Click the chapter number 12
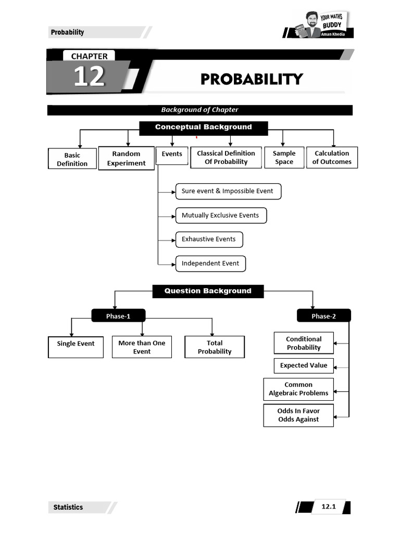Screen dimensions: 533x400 click(89, 77)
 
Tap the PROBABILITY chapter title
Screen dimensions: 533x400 click(252, 79)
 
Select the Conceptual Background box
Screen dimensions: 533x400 click(203, 128)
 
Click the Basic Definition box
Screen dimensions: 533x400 click(72, 159)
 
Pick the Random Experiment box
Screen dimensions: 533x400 click(126, 158)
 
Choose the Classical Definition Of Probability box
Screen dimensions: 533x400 click(226, 158)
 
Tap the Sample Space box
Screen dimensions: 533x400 click(284, 158)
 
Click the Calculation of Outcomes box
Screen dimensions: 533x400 click(332, 158)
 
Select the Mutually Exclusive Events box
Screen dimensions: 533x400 click(220, 215)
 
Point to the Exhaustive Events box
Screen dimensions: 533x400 click(209, 239)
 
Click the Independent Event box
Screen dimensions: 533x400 click(210, 263)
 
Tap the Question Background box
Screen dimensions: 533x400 click(208, 291)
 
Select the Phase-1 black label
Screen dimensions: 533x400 click(118, 316)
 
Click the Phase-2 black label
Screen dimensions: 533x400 click(323, 316)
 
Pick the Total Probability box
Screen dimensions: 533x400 click(215, 347)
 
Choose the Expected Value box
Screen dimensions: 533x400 click(304, 365)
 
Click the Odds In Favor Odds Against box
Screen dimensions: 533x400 click(298, 415)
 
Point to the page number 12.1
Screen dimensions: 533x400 click(328, 506)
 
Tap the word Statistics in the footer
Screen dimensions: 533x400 click(68, 507)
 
